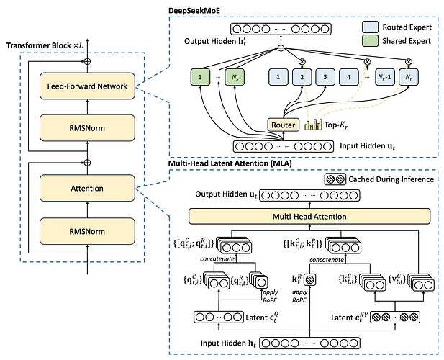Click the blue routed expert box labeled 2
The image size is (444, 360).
pyautogui.click(x=304, y=77)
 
